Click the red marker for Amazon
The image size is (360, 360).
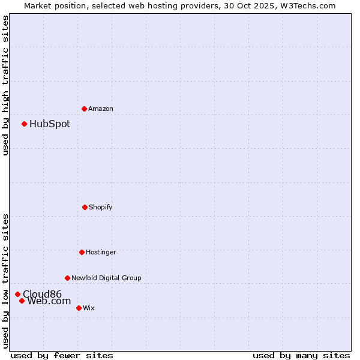84,109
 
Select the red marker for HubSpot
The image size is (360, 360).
24,124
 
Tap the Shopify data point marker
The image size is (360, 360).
85,207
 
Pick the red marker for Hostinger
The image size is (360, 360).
82,252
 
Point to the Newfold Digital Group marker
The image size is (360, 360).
67,278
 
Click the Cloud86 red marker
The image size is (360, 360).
17,294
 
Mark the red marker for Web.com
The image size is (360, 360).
22,301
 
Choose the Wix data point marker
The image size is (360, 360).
79,308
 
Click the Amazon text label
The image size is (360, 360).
101,109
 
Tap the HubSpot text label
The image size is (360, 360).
50,124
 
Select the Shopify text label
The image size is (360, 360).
101,207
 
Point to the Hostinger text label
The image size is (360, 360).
101,252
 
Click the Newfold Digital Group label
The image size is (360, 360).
106,278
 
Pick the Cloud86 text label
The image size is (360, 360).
42,294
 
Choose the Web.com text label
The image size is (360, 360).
49,301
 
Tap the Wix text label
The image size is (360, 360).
89,308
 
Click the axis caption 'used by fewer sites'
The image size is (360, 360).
62,355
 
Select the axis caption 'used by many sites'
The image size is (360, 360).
301,355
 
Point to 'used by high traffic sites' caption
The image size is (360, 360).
5,85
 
